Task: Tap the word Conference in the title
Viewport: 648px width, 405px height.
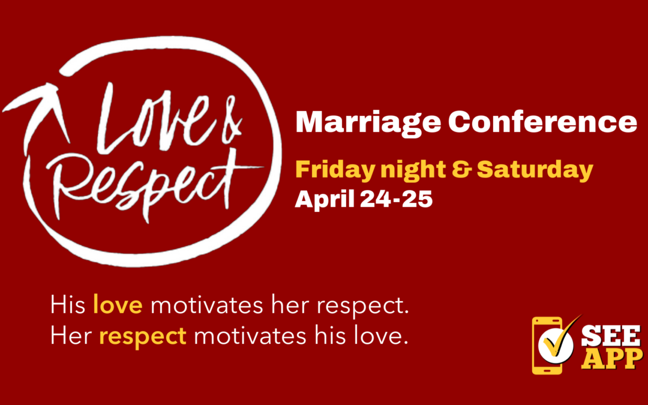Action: [542, 122]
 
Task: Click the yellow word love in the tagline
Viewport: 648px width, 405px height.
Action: [118, 305]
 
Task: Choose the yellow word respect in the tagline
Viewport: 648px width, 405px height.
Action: [143, 336]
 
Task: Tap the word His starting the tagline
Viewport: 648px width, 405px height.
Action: [68, 305]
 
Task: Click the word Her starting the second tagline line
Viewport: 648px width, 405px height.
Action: [71, 336]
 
